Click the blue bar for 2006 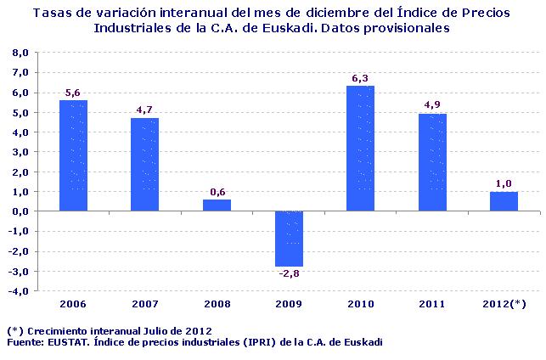click(73, 155)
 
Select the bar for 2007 click(144, 165)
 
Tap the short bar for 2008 click(217, 205)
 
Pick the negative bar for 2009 click(289, 239)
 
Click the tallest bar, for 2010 click(360, 149)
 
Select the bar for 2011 click(432, 162)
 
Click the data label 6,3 click(360, 79)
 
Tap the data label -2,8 click(289, 273)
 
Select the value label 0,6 click(217, 192)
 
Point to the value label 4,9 click(432, 105)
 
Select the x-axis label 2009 click(289, 303)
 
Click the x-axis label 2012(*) click(504, 303)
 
